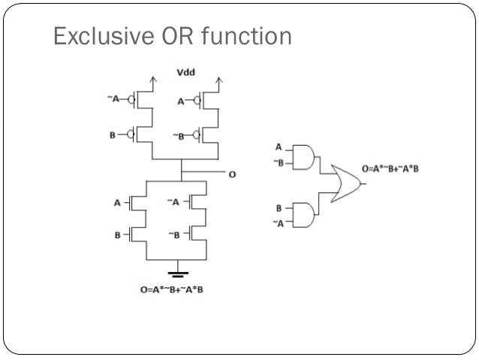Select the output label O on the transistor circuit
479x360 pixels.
(232, 174)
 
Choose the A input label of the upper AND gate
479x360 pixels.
(279, 147)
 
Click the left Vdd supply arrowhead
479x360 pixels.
(154, 77)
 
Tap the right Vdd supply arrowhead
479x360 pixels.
(218, 77)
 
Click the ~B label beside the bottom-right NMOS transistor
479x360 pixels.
(175, 235)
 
